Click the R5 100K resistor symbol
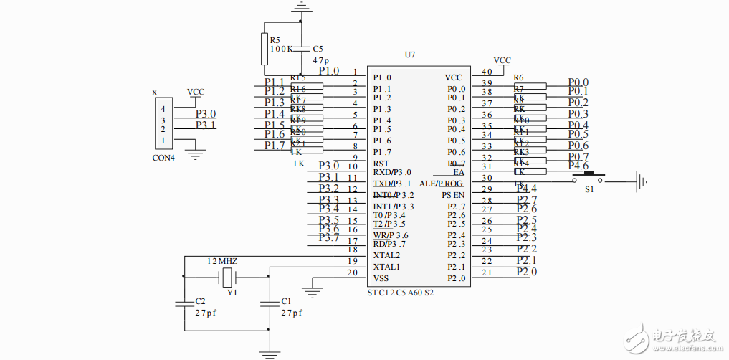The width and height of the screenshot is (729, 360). coord(265,48)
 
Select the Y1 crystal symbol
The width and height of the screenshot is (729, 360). coord(229,278)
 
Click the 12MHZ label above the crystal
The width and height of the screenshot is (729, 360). coord(222,261)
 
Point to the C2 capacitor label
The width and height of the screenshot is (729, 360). coord(201,301)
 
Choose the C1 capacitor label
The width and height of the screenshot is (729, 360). coord(286,301)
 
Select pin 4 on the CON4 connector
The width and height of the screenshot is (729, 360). coord(163,109)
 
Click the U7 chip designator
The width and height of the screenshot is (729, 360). coord(409,55)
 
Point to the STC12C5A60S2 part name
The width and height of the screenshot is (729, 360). coord(400,293)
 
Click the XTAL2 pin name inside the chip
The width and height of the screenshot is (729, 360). coord(387,255)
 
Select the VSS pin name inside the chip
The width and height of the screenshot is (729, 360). coord(381,278)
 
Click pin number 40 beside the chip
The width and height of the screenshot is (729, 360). coord(487,72)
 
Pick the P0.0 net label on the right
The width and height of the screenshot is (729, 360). coord(578,83)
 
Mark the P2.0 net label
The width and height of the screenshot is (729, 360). coord(527,272)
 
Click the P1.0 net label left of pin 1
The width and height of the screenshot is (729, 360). coord(329,71)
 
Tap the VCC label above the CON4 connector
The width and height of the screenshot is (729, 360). coord(196,93)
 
